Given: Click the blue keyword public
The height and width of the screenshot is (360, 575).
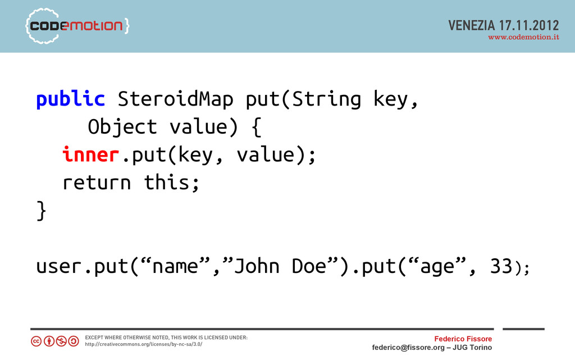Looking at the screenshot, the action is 70,99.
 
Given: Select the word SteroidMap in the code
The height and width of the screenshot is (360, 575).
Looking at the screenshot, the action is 175,99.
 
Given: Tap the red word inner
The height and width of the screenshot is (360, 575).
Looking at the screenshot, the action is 90,154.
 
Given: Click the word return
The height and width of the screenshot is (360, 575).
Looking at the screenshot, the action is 97,183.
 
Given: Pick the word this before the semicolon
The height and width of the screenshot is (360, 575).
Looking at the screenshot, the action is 167,182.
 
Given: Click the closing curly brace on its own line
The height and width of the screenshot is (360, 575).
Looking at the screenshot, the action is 42,211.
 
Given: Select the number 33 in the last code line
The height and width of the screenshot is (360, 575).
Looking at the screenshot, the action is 501,266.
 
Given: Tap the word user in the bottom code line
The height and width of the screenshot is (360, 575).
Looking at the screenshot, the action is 58,267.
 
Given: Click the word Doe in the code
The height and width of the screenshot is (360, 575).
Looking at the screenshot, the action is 309,266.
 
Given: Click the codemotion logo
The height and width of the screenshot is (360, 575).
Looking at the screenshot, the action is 77,26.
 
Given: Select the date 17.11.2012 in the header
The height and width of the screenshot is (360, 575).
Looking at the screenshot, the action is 529,25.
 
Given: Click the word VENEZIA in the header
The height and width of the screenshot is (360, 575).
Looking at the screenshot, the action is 472,25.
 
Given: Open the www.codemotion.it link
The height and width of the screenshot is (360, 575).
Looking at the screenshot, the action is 524,37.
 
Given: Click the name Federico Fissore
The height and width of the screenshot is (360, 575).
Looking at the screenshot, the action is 463,339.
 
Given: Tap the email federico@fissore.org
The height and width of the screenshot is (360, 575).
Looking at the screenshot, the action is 408,348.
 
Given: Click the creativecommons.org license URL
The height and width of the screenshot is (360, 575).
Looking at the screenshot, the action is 144,344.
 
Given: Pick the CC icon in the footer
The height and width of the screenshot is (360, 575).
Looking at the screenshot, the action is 36,341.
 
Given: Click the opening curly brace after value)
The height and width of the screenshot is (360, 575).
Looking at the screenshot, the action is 257,127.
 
